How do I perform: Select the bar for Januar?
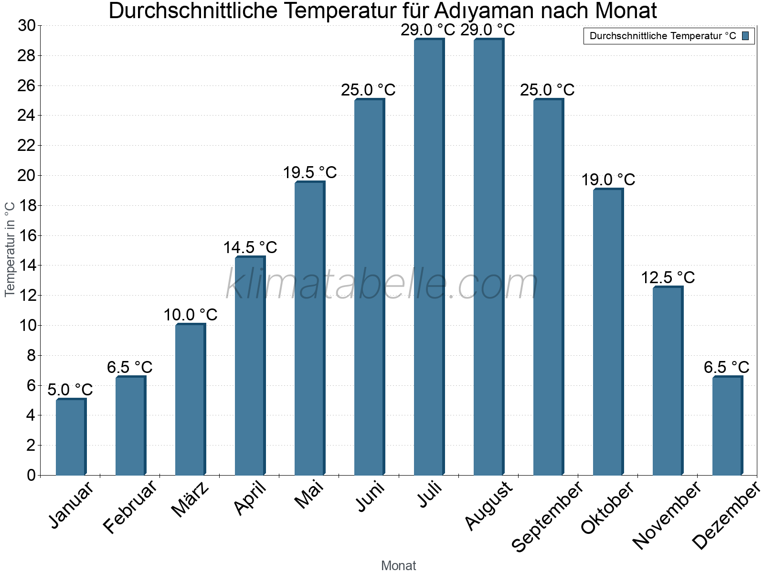point(71,437)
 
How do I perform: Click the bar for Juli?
point(429,258)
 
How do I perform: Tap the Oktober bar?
point(608,332)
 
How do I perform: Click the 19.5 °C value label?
point(310,172)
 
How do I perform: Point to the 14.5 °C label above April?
point(250,247)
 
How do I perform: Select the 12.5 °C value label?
point(668,277)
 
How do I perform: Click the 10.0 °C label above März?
point(191,315)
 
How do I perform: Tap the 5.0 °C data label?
point(70,390)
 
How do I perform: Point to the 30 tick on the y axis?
point(26,26)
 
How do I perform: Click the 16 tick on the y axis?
point(26,235)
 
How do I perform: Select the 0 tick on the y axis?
point(31,475)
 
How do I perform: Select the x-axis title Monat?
point(398,565)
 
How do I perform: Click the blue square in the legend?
point(745,36)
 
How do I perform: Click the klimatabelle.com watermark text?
point(382,284)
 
